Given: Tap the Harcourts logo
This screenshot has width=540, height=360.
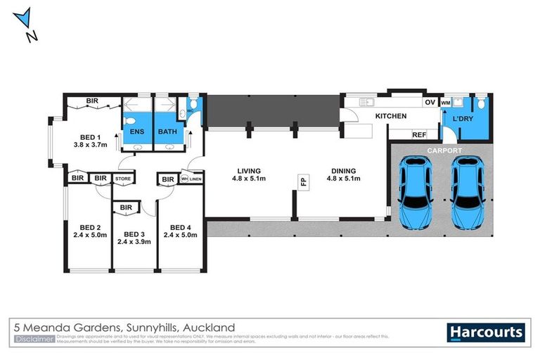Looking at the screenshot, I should click(x=485, y=332).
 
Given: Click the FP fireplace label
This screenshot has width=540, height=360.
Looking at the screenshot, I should click(x=304, y=181).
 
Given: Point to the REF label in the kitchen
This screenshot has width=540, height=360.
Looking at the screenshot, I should click(x=419, y=134).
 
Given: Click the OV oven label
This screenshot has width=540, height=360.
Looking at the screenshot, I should click(x=430, y=103).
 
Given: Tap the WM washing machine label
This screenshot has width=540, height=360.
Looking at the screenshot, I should click(x=446, y=103).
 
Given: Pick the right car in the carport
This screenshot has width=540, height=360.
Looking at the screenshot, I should click(x=467, y=192).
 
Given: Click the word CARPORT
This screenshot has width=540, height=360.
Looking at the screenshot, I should click(x=444, y=150).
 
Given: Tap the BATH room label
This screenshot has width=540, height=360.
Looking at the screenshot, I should click(x=167, y=131).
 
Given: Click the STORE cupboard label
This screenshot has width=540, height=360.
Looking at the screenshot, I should click(x=124, y=179).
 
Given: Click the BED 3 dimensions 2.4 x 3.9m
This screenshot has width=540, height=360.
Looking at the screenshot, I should click(x=133, y=242).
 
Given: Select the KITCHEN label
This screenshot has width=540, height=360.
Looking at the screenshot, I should click(x=392, y=115).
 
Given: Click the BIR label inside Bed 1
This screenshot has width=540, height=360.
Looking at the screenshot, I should click(x=92, y=101).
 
